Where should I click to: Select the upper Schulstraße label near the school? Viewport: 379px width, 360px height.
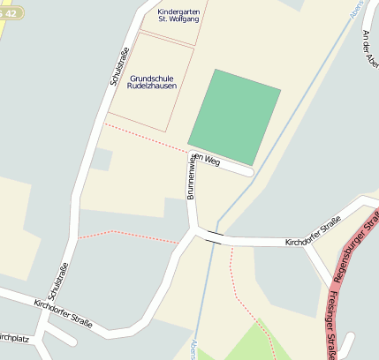[117, 63]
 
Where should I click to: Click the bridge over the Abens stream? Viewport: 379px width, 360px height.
[214, 236]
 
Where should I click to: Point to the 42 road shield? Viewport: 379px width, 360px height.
[11, 12]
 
